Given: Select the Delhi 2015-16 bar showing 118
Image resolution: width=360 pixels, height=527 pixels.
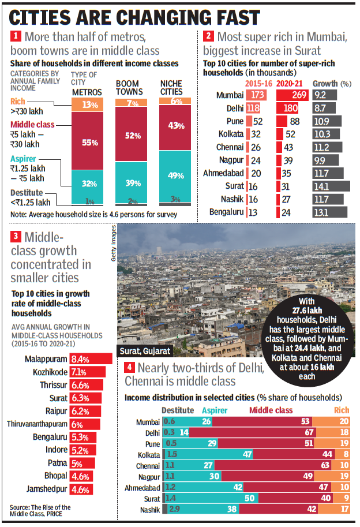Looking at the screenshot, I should (253, 107).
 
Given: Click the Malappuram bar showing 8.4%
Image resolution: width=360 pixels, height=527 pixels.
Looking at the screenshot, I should (82, 359).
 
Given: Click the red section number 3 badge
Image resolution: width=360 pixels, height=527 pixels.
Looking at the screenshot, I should (16, 236).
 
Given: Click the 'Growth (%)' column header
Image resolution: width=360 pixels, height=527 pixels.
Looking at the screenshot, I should (332, 83).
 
